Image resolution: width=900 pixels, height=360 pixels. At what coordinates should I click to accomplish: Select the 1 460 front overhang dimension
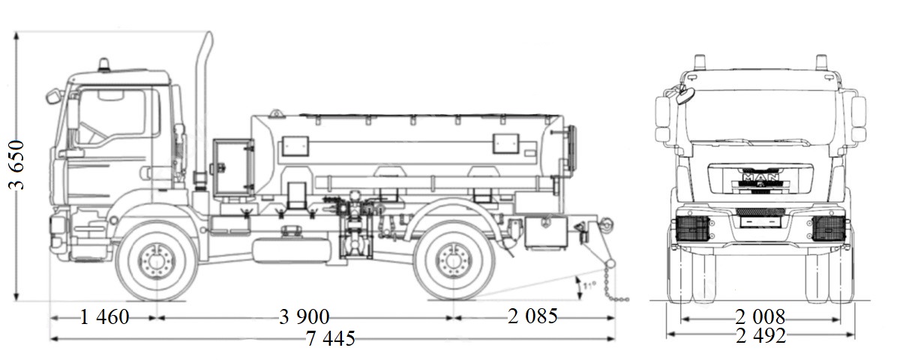tap(104, 317)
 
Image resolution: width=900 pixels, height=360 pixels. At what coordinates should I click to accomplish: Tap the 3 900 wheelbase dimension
tap(304, 317)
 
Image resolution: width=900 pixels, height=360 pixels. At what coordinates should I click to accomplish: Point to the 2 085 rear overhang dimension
tap(532, 317)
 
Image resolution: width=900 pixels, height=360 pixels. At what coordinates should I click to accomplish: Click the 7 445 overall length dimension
tap(330, 339)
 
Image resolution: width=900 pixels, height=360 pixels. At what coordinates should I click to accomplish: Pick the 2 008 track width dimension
tap(760, 317)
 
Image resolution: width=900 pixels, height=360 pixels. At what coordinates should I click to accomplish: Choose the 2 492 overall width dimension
tap(760, 337)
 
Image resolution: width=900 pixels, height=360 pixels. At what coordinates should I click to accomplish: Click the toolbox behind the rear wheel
tap(545, 232)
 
